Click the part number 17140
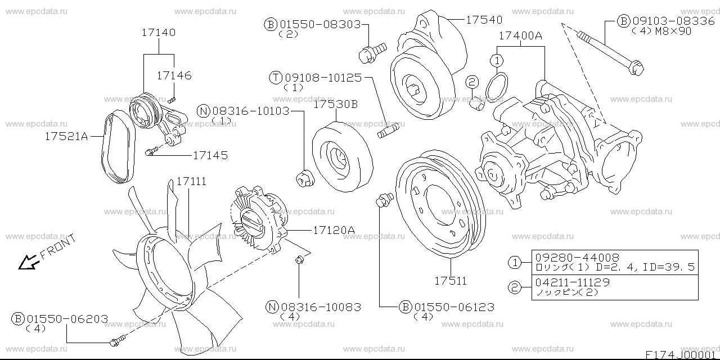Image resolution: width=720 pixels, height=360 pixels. click(x=158, y=33)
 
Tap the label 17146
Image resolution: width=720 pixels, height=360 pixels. click(x=174, y=75)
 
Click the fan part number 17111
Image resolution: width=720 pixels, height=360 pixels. click(x=191, y=182)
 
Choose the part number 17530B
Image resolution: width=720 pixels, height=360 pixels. click(x=335, y=104)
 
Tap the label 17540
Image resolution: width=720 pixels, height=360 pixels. click(x=484, y=20)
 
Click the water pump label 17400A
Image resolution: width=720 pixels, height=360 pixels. click(x=520, y=35)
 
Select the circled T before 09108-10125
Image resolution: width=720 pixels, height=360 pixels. click(x=276, y=78)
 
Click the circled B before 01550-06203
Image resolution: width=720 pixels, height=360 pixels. click(x=19, y=319)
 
